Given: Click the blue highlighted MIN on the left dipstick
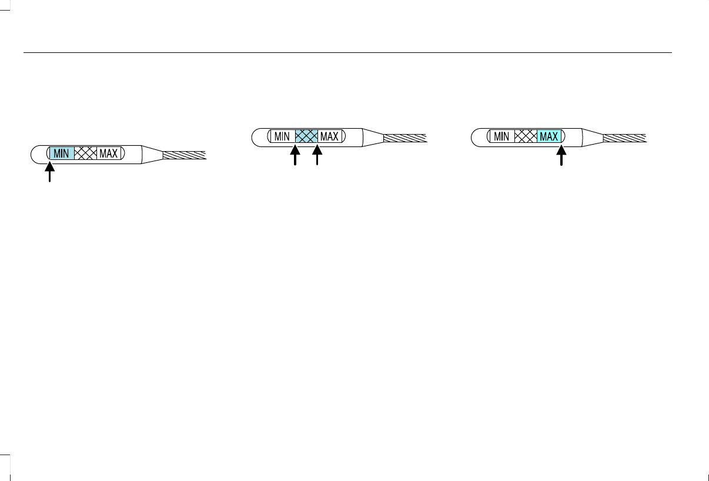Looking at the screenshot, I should (61, 154).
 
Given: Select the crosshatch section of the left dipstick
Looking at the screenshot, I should (85, 154).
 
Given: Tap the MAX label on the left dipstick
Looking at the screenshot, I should (109, 154).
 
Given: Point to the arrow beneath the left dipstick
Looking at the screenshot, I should (50, 174).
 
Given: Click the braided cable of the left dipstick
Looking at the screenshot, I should (184, 155).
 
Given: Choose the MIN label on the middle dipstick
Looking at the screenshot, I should (282, 136).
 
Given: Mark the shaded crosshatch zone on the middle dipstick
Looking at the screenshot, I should (306, 136).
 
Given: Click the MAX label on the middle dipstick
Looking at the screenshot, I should (329, 136).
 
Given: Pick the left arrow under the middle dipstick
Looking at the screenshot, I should (296, 157).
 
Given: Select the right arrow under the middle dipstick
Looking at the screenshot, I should (317, 157).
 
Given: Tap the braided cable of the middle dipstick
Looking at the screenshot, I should (405, 138).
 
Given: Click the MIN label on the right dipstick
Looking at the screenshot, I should (501, 136).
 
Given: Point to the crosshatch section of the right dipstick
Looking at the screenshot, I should (526, 136).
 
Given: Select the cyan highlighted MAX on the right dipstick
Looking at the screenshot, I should (549, 136).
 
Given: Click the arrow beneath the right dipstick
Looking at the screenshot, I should (561, 156).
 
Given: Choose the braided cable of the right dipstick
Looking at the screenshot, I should (626, 138).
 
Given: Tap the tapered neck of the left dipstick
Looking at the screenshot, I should (152, 155).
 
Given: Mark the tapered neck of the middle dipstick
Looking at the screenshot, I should (373, 138).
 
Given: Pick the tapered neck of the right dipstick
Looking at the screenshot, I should (593, 138).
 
